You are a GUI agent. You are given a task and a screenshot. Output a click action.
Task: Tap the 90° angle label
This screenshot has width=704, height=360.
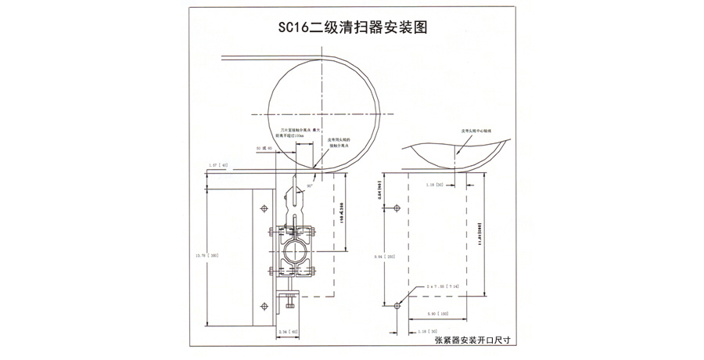tap(310, 188)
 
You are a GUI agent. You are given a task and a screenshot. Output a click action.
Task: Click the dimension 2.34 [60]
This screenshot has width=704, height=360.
tap(289, 333)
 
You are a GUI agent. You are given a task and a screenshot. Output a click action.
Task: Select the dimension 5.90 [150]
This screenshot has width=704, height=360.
tap(439, 314)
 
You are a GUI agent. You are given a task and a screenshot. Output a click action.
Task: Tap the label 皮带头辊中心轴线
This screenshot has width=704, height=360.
tap(475, 131)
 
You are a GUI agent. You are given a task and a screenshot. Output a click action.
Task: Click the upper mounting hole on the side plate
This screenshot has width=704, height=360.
tap(263, 209)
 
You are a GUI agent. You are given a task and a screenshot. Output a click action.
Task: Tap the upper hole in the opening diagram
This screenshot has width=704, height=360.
tap(397, 208)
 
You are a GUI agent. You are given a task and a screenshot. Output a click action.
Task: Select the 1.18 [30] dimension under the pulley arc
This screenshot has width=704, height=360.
tap(436, 185)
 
